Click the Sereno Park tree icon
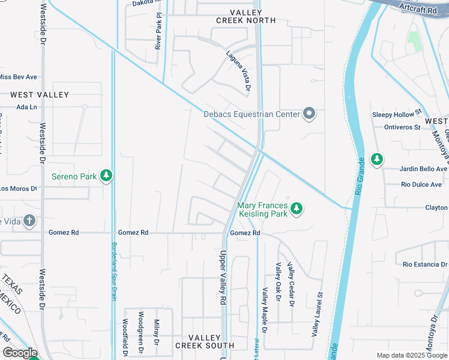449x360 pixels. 106,175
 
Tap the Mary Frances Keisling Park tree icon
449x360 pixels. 296,209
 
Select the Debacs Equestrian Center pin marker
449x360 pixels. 309,113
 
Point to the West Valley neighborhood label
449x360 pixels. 40,95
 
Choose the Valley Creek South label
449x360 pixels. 205,341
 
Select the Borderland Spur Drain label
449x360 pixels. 114,271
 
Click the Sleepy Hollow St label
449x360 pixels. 397,115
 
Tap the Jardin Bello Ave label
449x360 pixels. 421,169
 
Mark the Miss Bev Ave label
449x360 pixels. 18,77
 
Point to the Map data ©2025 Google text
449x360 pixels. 411,355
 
